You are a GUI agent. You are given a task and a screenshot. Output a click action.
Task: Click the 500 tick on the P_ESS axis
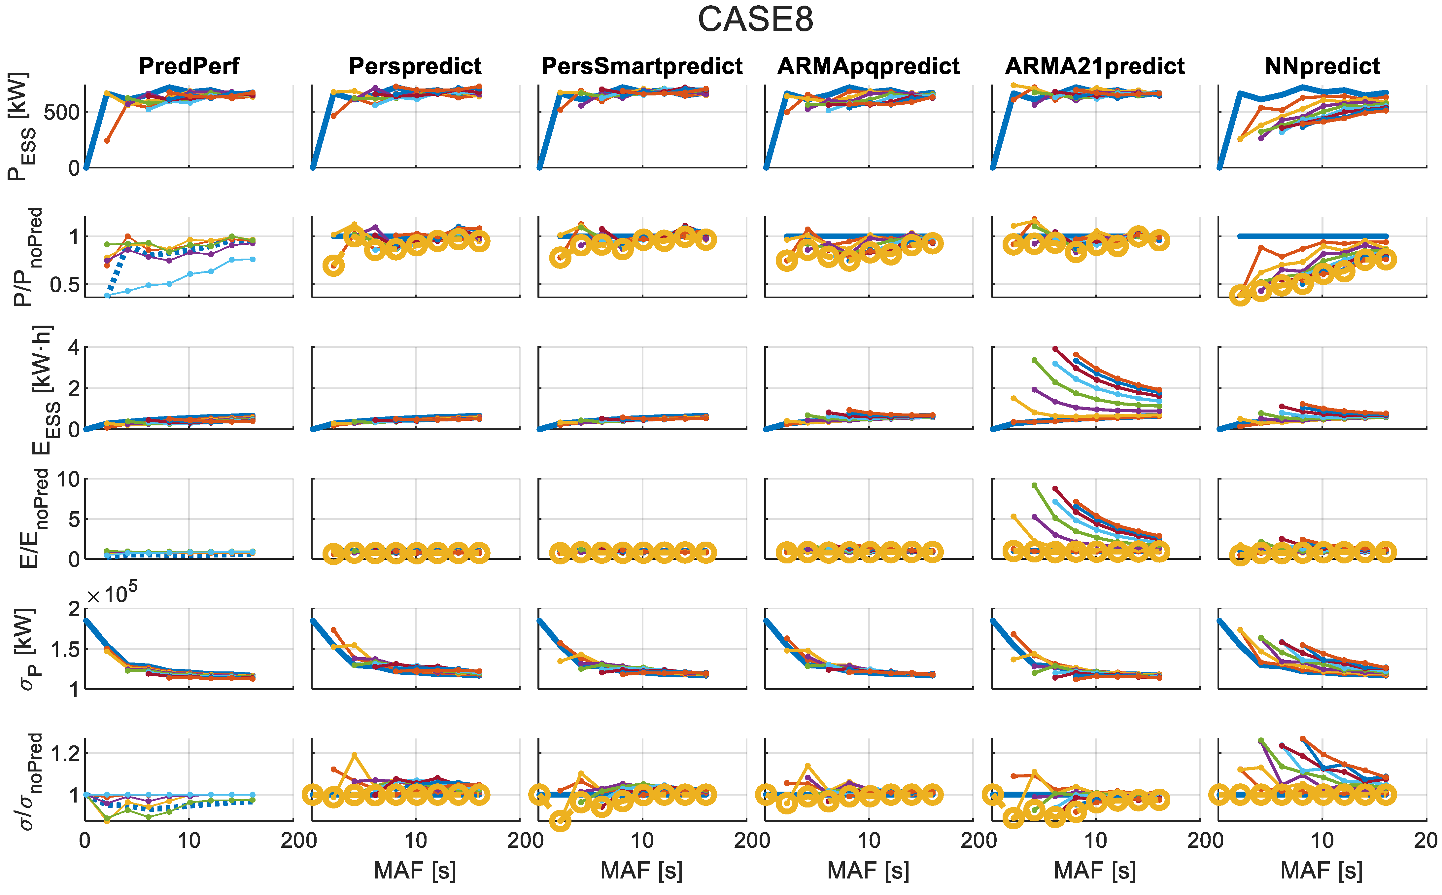61,113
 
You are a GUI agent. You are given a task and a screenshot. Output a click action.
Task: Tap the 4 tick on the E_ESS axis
73,347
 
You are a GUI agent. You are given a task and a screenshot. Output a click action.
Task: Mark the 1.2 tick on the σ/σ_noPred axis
64,754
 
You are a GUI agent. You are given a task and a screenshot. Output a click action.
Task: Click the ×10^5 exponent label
113,594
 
